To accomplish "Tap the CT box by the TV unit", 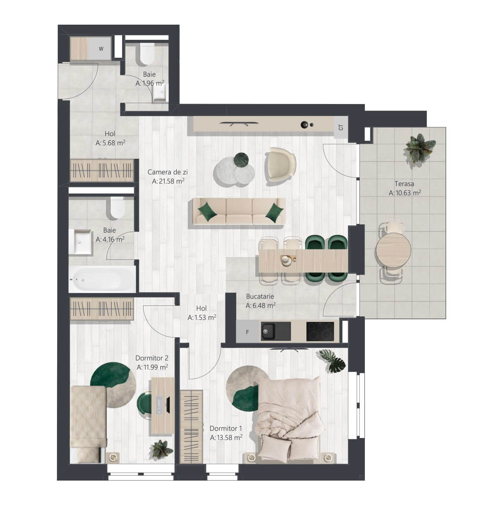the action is (x=341, y=127).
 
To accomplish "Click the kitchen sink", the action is (x=276, y=331).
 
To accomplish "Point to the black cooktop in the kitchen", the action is (x=320, y=331).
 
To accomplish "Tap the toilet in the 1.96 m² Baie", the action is (x=147, y=53).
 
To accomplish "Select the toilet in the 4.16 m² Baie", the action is (x=117, y=208).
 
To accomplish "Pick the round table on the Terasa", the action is (x=393, y=250).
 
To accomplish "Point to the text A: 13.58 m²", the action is (x=226, y=437).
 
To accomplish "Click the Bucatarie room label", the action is (x=260, y=296).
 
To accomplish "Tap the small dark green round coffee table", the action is (x=242, y=160).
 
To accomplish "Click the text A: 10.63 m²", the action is (x=405, y=193).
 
